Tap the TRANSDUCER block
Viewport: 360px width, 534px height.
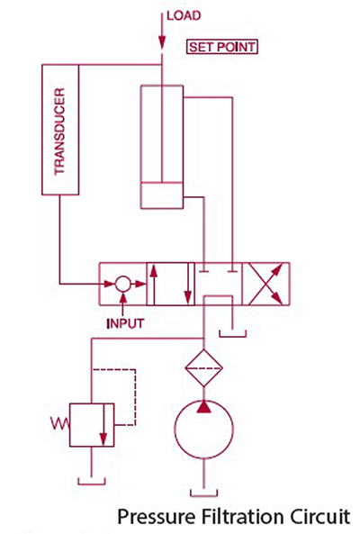tap(60, 130)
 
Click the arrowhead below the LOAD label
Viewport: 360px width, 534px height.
tap(162, 43)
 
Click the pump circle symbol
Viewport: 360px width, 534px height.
tap(204, 430)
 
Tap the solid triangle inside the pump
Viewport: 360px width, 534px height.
tap(204, 409)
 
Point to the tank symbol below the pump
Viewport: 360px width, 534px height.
tap(204, 491)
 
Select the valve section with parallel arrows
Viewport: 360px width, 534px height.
tap(171, 284)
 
